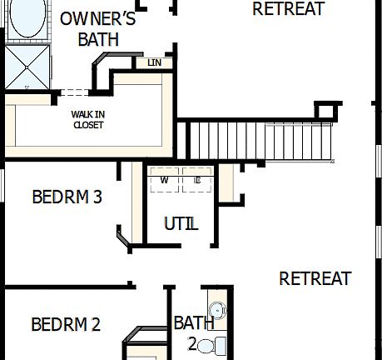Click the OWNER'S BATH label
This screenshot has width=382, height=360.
(97, 28)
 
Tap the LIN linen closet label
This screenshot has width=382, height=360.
(154, 62)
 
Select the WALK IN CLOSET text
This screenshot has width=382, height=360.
(88, 119)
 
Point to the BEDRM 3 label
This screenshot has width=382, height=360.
(67, 197)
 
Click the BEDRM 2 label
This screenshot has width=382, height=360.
(66, 324)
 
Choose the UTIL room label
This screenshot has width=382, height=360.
(181, 223)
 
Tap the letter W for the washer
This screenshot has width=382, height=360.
(164, 180)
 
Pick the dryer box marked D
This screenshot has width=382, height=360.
(198, 180)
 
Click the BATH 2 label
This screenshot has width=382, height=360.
(193, 332)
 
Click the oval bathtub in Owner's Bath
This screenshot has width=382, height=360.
(27, 22)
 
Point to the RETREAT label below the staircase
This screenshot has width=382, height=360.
(315, 278)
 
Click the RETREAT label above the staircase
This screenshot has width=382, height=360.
(288, 9)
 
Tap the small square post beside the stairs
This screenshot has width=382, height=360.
(327, 111)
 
